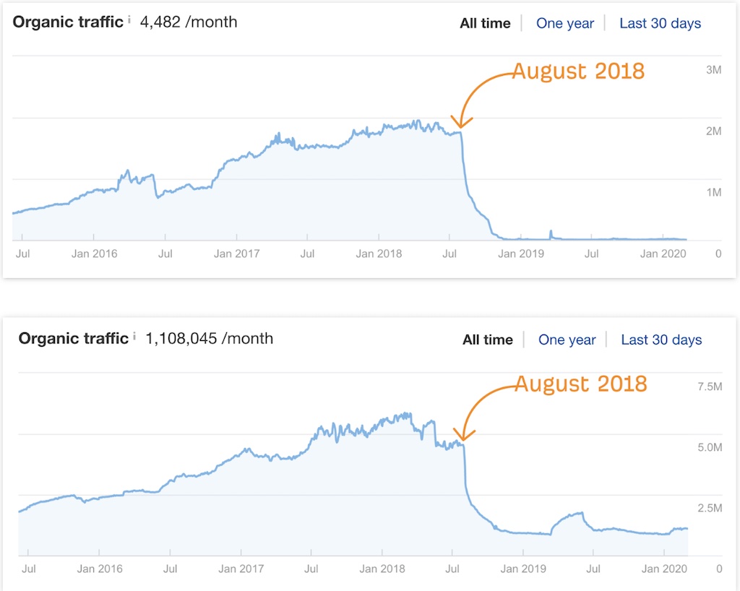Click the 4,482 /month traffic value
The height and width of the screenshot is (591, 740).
point(189,22)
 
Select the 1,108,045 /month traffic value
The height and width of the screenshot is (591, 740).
point(209,339)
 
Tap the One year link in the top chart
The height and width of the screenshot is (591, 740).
point(565,23)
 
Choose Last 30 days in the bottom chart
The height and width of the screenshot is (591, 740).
point(661,340)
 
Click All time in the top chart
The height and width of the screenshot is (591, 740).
point(485,23)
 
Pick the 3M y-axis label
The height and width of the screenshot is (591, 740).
point(713,70)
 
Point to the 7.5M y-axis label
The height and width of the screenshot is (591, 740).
point(710,387)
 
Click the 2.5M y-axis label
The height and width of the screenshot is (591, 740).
point(710,508)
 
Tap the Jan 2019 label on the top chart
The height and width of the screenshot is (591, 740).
point(521,254)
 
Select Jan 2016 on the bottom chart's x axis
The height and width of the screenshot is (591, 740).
point(100,569)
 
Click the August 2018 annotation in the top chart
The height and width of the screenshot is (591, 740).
point(579,72)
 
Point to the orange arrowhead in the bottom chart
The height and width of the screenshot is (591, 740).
point(463,436)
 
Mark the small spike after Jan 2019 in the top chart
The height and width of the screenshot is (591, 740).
point(551,234)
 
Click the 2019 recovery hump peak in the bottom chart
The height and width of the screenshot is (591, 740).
point(582,513)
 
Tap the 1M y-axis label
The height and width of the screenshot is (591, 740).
point(713,192)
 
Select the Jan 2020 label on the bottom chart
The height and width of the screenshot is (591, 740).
point(664,569)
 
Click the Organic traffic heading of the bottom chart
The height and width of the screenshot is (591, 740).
point(74,338)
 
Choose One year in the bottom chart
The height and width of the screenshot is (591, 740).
point(567,340)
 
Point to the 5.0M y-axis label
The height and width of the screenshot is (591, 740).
point(710,447)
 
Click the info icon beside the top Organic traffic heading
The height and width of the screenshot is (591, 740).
point(129,20)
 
